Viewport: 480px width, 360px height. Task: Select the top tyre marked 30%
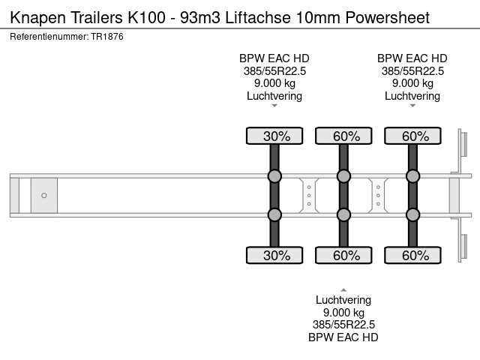point(274,136)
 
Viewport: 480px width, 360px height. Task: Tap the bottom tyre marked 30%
point(274,256)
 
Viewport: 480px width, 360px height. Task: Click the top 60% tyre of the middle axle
point(343,136)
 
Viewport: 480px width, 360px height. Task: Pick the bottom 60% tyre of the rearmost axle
point(412,256)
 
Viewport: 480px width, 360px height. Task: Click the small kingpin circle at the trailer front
point(44,196)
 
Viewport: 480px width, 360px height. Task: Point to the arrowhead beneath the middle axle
point(343,289)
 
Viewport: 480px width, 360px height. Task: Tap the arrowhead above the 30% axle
point(274,106)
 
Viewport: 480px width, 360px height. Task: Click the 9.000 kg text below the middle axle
point(343,312)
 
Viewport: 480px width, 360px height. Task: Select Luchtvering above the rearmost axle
point(412,95)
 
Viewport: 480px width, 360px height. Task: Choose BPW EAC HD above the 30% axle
point(274,58)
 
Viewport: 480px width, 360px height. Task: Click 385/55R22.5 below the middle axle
point(343,325)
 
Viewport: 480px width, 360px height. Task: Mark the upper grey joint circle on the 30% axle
point(274,176)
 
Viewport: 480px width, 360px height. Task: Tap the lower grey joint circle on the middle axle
point(343,214)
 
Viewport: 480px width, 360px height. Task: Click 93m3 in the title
point(196,17)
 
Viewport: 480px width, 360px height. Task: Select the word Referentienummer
point(44,36)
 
